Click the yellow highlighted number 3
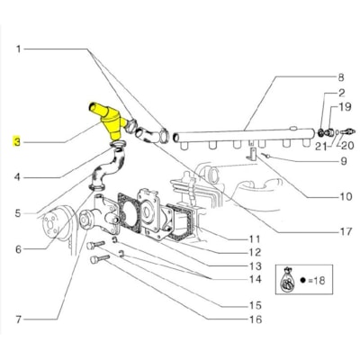coord(15,141)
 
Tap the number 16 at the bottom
coord(256,319)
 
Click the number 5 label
coord(17,213)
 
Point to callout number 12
coord(256,252)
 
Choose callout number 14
coord(256,280)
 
